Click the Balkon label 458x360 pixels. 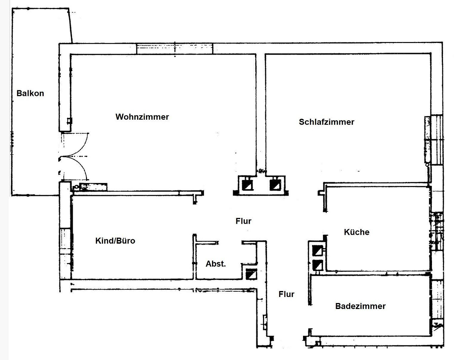point(30,93)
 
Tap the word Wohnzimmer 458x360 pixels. point(142,117)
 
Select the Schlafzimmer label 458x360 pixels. point(326,122)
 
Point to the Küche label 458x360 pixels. point(357,232)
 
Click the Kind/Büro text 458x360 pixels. point(115,241)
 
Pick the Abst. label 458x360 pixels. point(216,264)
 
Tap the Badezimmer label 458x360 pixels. point(360,306)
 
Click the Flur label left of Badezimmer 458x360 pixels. point(286,294)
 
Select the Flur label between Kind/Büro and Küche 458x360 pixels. point(243,221)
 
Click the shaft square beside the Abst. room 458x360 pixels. point(251,274)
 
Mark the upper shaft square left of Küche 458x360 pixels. point(318,251)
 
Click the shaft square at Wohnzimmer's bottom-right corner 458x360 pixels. point(247,185)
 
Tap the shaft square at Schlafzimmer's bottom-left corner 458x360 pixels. point(275,185)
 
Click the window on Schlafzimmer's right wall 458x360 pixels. point(434,140)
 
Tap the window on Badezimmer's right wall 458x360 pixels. point(437,300)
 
